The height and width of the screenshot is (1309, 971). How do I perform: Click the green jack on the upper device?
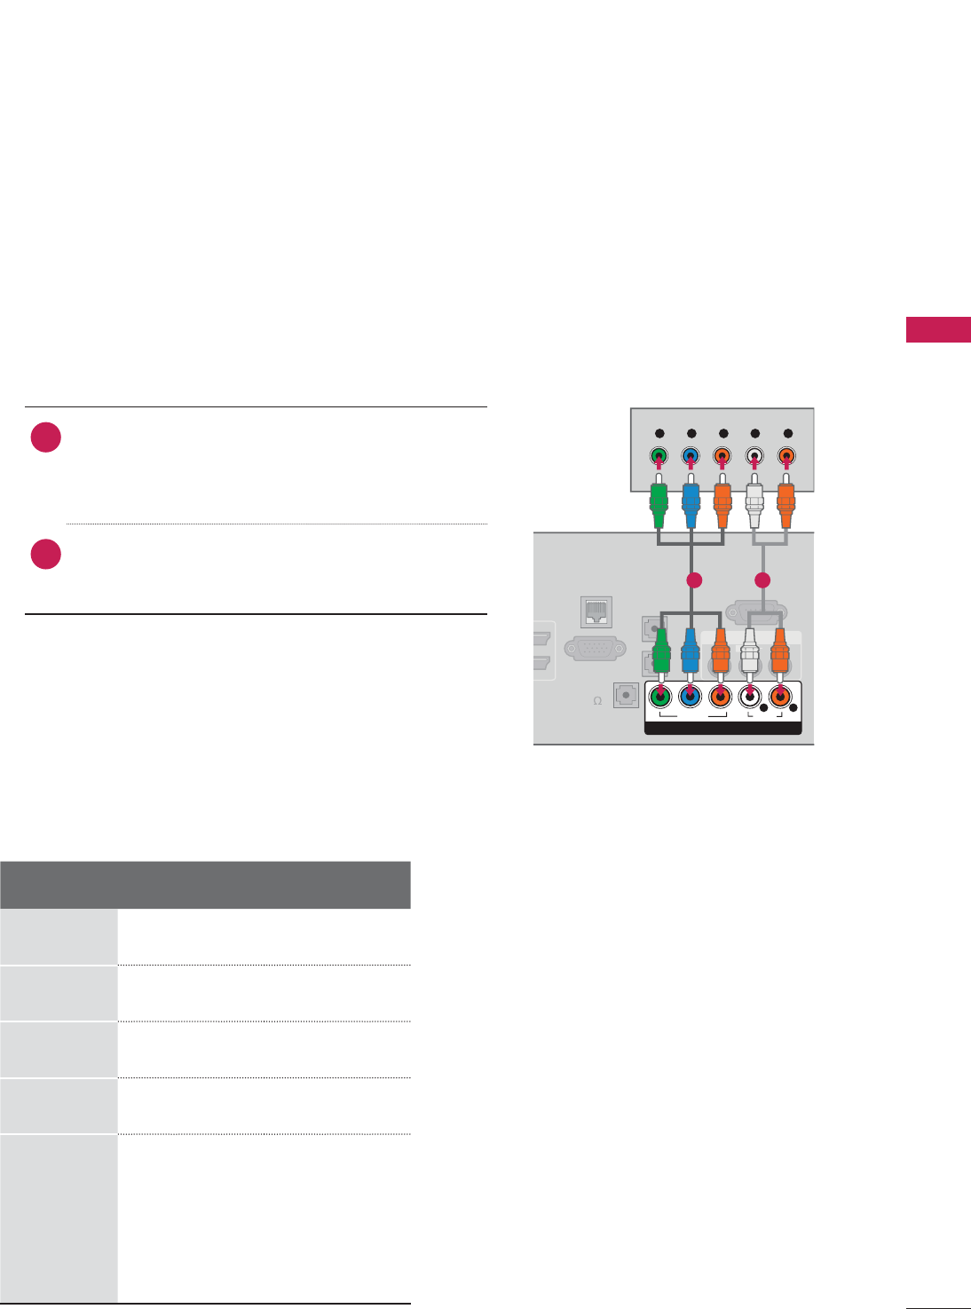pos(658,458)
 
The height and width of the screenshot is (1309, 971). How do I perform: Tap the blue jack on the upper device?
pos(691,458)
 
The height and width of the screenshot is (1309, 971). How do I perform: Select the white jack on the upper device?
pos(754,458)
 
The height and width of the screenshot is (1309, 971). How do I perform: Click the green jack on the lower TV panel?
pos(660,697)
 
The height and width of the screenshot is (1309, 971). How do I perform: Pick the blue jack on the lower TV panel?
pos(691,697)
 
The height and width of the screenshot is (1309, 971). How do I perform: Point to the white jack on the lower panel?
pos(750,697)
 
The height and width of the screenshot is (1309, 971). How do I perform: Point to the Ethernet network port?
pos(596,612)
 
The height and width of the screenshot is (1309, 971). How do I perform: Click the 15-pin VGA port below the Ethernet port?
pos(595,649)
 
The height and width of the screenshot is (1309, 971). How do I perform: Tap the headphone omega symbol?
pos(597,701)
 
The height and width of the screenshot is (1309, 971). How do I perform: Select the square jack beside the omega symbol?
pos(627,696)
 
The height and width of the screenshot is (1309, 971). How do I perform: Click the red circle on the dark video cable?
pos(694,580)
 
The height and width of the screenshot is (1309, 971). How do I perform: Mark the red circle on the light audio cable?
pos(762,580)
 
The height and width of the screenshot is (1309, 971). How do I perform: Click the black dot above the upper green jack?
pos(659,433)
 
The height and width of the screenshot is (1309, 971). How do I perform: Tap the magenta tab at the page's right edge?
pos(938,329)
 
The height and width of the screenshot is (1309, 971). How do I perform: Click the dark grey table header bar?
pos(205,885)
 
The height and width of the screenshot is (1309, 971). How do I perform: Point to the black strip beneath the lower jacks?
pos(722,729)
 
